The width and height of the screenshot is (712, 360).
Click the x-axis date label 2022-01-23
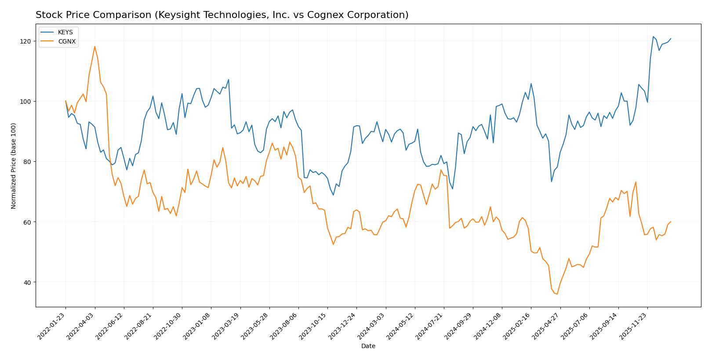tap(52, 326)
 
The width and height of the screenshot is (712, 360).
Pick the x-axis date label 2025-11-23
tap(633, 326)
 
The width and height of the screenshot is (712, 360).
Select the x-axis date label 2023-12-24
tap(342, 326)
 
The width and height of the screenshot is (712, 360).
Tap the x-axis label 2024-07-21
tap(429, 326)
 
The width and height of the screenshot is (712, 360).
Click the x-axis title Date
tap(368, 346)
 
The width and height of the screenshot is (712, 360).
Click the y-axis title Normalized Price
tap(14, 166)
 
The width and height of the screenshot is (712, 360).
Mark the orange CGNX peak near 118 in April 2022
tap(94, 47)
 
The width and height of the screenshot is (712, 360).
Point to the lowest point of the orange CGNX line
tap(557, 294)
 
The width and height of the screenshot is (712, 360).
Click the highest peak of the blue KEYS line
tap(653, 36)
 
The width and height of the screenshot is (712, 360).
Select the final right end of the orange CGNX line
tap(671, 222)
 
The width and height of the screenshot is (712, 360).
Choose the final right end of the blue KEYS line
tap(671, 39)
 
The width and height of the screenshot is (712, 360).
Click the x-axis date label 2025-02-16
tap(517, 326)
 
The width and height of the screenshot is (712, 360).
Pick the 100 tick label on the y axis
tap(27, 102)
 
